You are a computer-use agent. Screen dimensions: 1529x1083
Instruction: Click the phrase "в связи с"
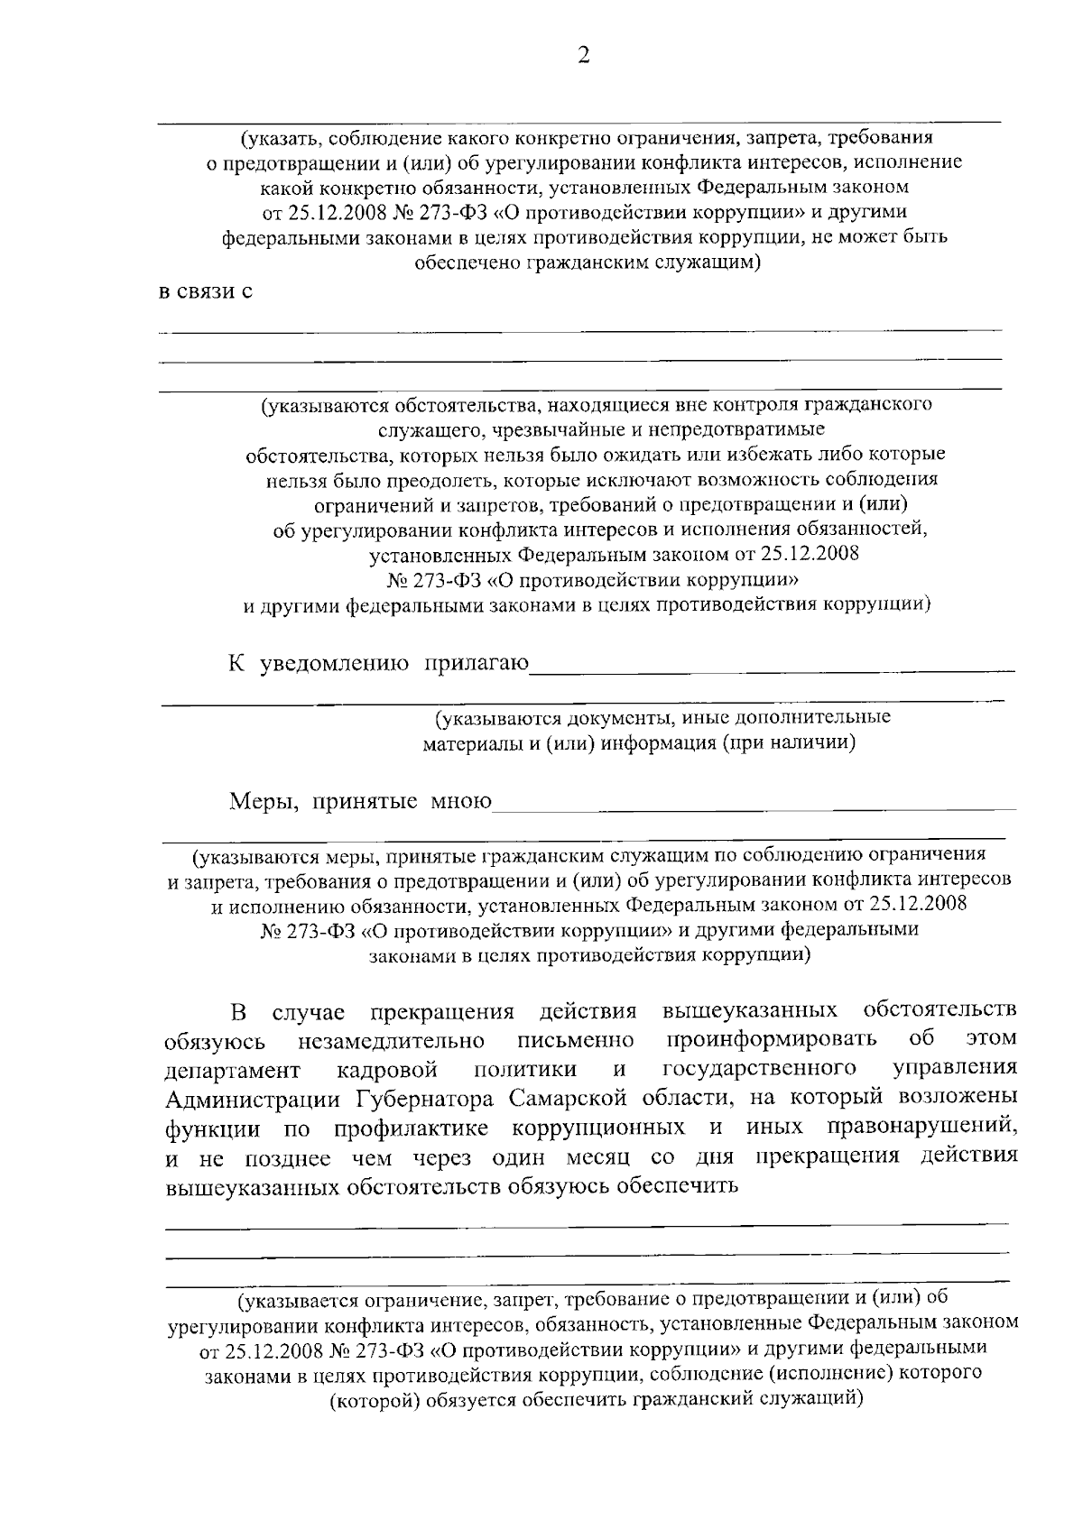(205, 292)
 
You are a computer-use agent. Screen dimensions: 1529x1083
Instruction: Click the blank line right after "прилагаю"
(773, 670)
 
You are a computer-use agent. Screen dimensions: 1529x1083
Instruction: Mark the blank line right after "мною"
(754, 806)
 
